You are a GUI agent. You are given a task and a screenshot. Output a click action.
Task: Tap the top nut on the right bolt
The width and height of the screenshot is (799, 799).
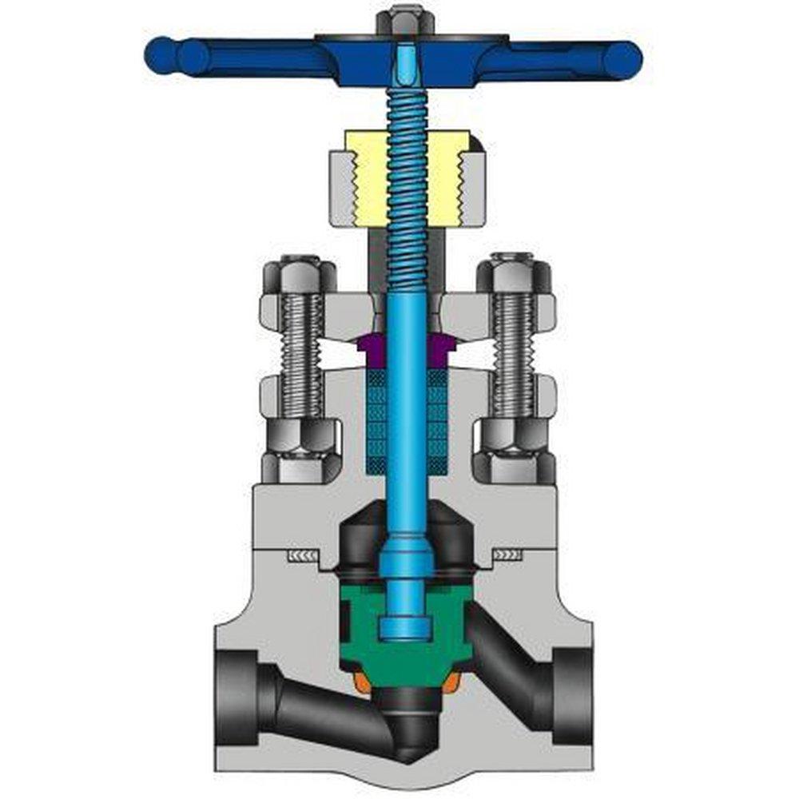tap(514, 276)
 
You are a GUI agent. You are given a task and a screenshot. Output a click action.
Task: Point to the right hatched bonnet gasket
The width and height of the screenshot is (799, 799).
tap(507, 554)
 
